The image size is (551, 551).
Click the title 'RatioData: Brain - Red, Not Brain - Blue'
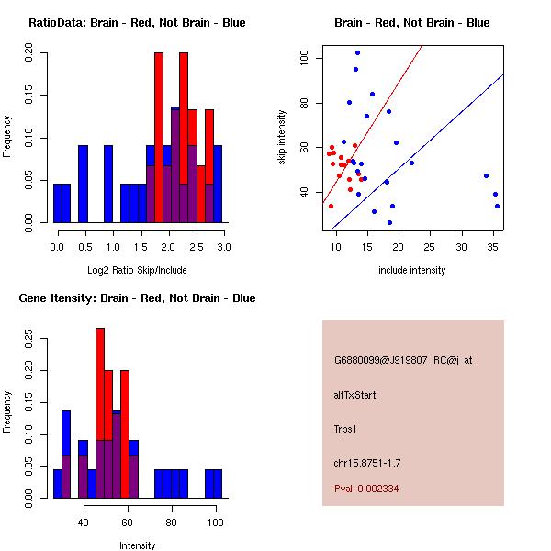(137, 22)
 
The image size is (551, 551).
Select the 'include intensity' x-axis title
(412, 270)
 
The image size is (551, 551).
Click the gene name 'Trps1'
(344, 429)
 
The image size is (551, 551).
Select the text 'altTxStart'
(354, 396)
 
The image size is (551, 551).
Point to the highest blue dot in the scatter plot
(357, 52)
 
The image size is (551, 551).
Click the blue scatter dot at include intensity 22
(411, 163)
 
